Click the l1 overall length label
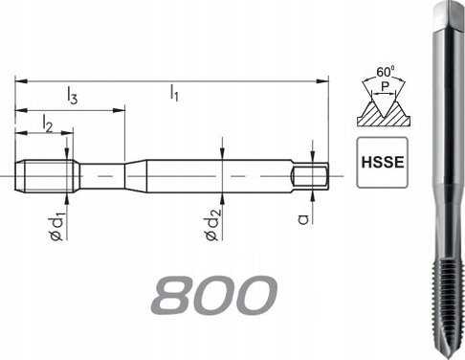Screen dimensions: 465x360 pos(174,93)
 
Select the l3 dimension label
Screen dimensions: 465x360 pos(72,96)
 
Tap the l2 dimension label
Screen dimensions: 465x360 pos(47,124)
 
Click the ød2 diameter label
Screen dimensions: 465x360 pos(212,224)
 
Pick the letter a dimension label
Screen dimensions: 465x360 pos(303,219)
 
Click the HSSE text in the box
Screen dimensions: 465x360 pos(383,163)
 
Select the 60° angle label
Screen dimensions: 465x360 pos(386,72)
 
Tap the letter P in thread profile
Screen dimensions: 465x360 pos(386,86)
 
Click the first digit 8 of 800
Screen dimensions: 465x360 pos(173,295)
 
